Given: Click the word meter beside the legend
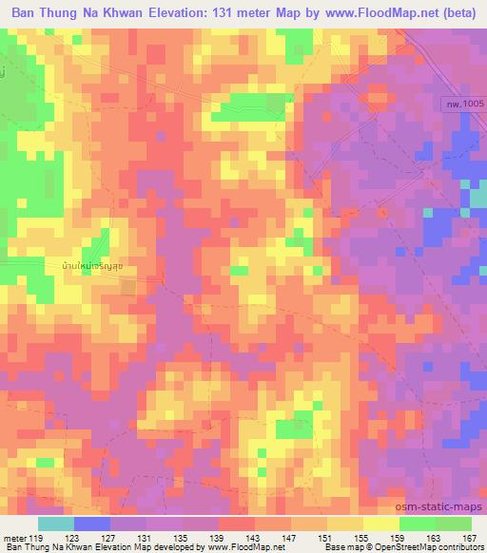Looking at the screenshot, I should [15, 537].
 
